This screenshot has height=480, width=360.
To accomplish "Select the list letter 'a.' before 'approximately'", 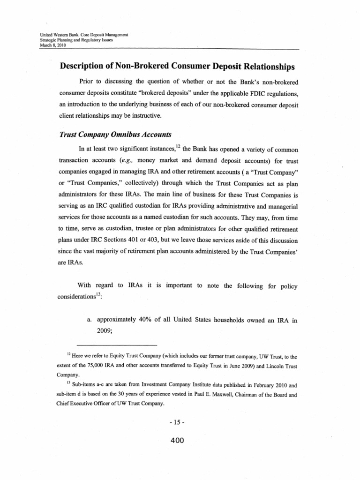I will coord(90,320).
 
